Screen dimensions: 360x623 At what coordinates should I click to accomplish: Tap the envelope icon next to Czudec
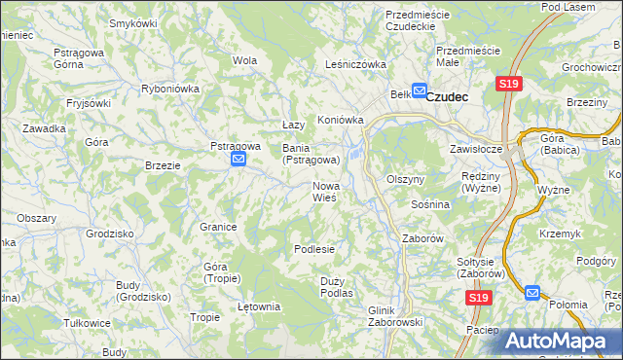coord(419,91)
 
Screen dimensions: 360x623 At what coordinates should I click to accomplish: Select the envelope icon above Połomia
coord(531,291)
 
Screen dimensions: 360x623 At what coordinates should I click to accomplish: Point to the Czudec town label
coord(449,96)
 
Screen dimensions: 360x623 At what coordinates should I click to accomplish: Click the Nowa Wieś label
coord(324,192)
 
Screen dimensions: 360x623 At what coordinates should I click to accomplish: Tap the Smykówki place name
coord(133,22)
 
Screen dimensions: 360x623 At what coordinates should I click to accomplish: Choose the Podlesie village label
coord(314,249)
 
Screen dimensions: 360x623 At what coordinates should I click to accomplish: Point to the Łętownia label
coord(259,306)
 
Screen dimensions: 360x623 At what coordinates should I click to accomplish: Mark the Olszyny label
coord(406,180)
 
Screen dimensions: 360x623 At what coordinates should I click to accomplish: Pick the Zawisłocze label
coord(475,150)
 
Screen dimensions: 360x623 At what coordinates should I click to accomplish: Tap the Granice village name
coord(219,227)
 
